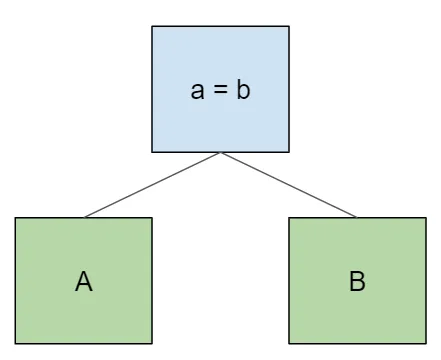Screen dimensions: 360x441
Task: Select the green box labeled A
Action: [83, 281]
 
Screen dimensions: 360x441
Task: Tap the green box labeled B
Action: [357, 281]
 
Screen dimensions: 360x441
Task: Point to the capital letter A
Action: [83, 282]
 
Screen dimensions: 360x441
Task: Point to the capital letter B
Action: [357, 282]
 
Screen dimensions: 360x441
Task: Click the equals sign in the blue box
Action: [219, 92]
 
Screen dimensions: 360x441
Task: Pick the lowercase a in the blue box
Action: [197, 92]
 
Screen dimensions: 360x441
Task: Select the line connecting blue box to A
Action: [152, 184]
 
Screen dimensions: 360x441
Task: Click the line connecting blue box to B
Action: [288, 184]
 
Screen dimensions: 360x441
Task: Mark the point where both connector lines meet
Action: [220, 152]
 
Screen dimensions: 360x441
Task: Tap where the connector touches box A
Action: [85, 217]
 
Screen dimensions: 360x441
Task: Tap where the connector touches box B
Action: [356, 217]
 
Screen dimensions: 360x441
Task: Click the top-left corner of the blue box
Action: [152, 26]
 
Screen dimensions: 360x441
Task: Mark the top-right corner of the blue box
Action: [289, 26]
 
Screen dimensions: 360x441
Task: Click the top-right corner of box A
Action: [152, 218]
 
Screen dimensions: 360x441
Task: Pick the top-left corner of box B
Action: [289, 218]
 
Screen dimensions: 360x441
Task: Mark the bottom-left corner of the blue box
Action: [152, 151]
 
